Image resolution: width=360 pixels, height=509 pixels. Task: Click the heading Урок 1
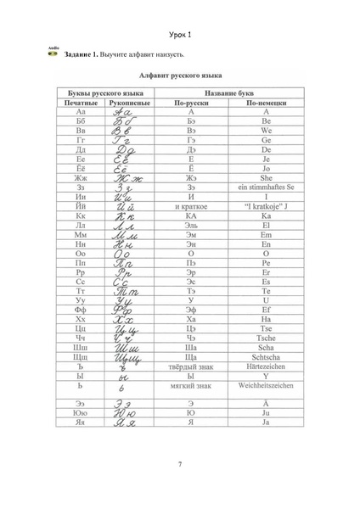(x=181, y=34)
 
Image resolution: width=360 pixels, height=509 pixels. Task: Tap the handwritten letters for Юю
(x=130, y=412)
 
